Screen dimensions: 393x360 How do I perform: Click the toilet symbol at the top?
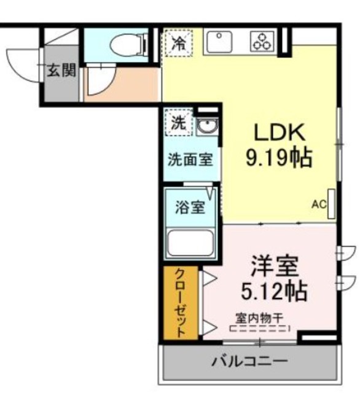[126, 44]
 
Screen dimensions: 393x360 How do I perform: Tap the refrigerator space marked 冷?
[178, 43]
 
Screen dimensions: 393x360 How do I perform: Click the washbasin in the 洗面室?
[207, 128]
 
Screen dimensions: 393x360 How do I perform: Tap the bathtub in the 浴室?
[190, 243]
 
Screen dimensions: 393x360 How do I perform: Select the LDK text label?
[280, 132]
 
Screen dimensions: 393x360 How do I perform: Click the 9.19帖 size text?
[279, 158]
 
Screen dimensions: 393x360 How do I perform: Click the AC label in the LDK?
[318, 204]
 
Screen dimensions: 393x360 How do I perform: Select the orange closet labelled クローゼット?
[181, 303]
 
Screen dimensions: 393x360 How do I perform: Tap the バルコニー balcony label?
[249, 360]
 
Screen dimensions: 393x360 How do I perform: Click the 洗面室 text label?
[191, 160]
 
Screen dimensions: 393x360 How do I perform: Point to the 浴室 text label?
[189, 207]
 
